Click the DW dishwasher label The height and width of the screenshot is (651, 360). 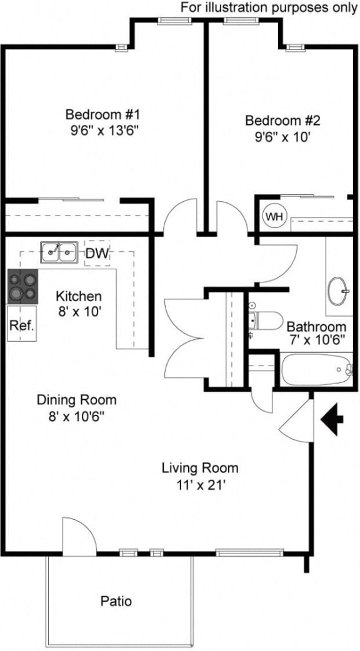click(x=97, y=254)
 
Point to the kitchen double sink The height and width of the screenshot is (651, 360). click(x=59, y=253)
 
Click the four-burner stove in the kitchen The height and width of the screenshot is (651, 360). click(x=22, y=286)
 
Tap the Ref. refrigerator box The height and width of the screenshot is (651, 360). click(x=21, y=325)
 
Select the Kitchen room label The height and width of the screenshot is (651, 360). click(x=78, y=296)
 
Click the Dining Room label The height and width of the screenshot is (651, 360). click(x=76, y=400)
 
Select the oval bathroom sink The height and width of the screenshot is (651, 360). click(x=339, y=291)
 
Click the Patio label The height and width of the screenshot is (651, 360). click(x=116, y=602)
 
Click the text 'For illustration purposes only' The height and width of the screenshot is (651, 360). click(x=269, y=7)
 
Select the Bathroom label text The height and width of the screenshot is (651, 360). click(x=316, y=327)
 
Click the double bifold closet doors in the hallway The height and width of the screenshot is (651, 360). click(x=185, y=338)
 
